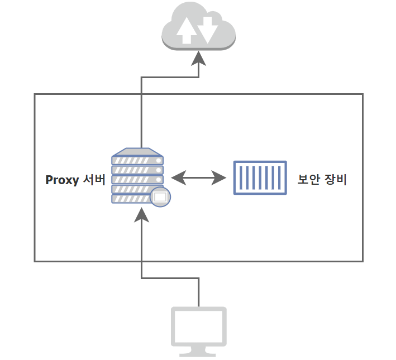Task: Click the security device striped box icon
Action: click(x=259, y=178)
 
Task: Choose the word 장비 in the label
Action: click(x=336, y=180)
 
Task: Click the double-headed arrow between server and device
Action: click(x=198, y=178)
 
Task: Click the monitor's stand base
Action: click(x=198, y=353)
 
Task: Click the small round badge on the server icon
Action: click(x=160, y=197)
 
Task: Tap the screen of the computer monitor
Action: click(x=198, y=326)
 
